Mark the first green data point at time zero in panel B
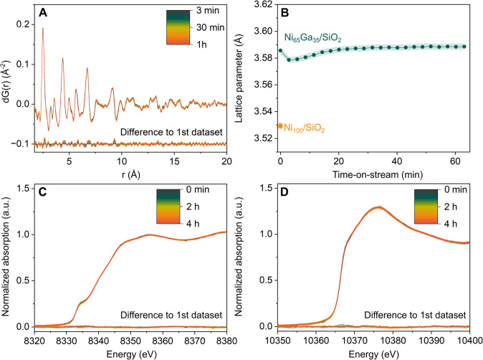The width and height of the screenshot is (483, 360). click(280, 51)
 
